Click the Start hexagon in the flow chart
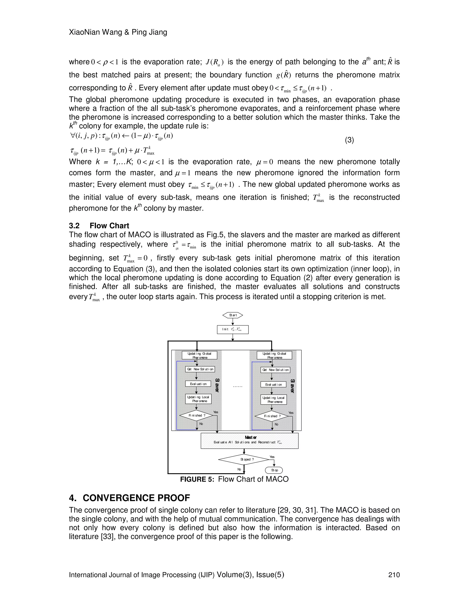tap(233, 315)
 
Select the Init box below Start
tap(233, 329)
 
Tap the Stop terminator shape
tap(273, 470)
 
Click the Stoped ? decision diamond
tap(244, 459)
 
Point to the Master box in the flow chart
tap(250, 440)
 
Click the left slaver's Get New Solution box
tap(200, 369)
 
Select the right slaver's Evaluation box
tap(273, 384)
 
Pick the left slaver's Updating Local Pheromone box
tap(198, 399)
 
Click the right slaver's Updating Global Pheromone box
tap(274, 355)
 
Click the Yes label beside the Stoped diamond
tap(272, 457)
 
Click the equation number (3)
tap(349, 140)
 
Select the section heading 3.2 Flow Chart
tap(99, 226)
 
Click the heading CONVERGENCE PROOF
tap(136, 498)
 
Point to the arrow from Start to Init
tap(233, 322)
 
